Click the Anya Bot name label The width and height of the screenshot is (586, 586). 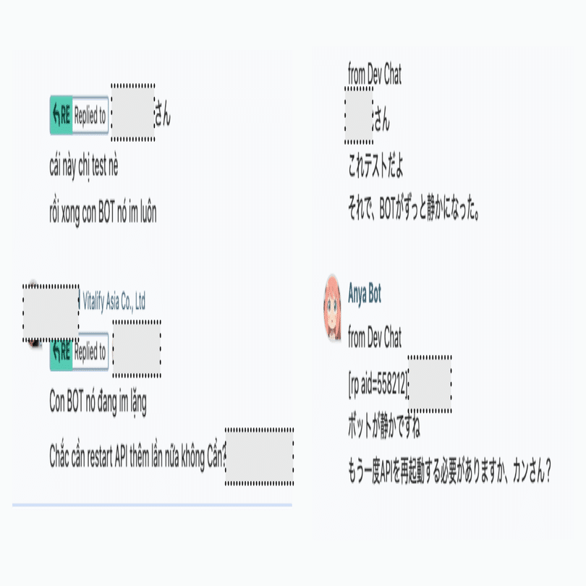click(365, 294)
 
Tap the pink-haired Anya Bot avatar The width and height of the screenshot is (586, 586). click(332, 308)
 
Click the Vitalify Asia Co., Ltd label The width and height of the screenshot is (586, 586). click(114, 301)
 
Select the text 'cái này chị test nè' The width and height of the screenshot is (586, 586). click(84, 166)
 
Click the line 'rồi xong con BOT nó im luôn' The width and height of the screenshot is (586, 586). click(103, 213)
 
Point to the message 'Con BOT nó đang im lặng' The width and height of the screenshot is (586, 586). click(98, 402)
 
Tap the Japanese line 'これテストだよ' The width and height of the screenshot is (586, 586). click(375, 166)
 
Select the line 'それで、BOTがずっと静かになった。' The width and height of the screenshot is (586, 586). click(414, 208)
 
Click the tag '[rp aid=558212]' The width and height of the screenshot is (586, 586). click(378, 385)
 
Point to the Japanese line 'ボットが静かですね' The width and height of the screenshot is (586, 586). click(384, 426)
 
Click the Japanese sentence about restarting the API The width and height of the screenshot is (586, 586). click(449, 470)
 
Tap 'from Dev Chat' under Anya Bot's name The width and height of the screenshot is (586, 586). click(375, 337)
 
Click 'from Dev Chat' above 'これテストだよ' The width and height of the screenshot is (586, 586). click(375, 74)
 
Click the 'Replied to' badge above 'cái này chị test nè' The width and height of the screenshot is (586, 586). click(80, 115)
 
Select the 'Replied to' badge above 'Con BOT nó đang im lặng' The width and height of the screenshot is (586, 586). click(80, 352)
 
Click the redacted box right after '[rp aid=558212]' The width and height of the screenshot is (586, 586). click(430, 384)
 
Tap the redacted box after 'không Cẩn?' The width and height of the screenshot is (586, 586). click(260, 457)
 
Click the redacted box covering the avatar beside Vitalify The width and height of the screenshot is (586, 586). click(51, 313)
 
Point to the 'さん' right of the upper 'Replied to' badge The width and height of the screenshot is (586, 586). click(163, 114)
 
